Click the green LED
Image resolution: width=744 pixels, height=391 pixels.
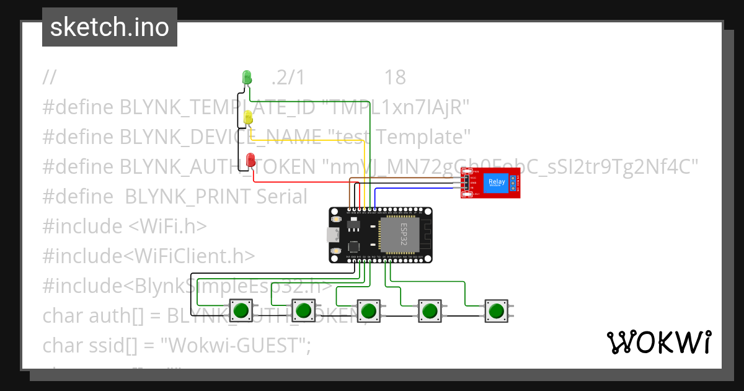[246, 77]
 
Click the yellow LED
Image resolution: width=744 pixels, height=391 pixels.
[248, 117]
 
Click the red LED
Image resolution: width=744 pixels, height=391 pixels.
[250, 160]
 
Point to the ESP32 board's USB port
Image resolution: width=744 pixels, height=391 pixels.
[333, 235]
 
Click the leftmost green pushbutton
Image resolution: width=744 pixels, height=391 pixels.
[241, 310]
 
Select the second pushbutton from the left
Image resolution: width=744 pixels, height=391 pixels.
[303, 310]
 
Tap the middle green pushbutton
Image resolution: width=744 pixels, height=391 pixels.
[369, 310]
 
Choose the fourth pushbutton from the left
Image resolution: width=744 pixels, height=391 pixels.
[429, 310]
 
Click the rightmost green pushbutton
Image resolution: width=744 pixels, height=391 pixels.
[495, 310]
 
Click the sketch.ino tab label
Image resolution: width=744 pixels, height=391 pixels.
[110, 27]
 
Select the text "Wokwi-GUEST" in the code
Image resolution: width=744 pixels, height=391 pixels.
[236, 345]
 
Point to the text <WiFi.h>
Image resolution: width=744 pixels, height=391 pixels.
[167, 227]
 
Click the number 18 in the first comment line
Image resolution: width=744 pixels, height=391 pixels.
[395, 78]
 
